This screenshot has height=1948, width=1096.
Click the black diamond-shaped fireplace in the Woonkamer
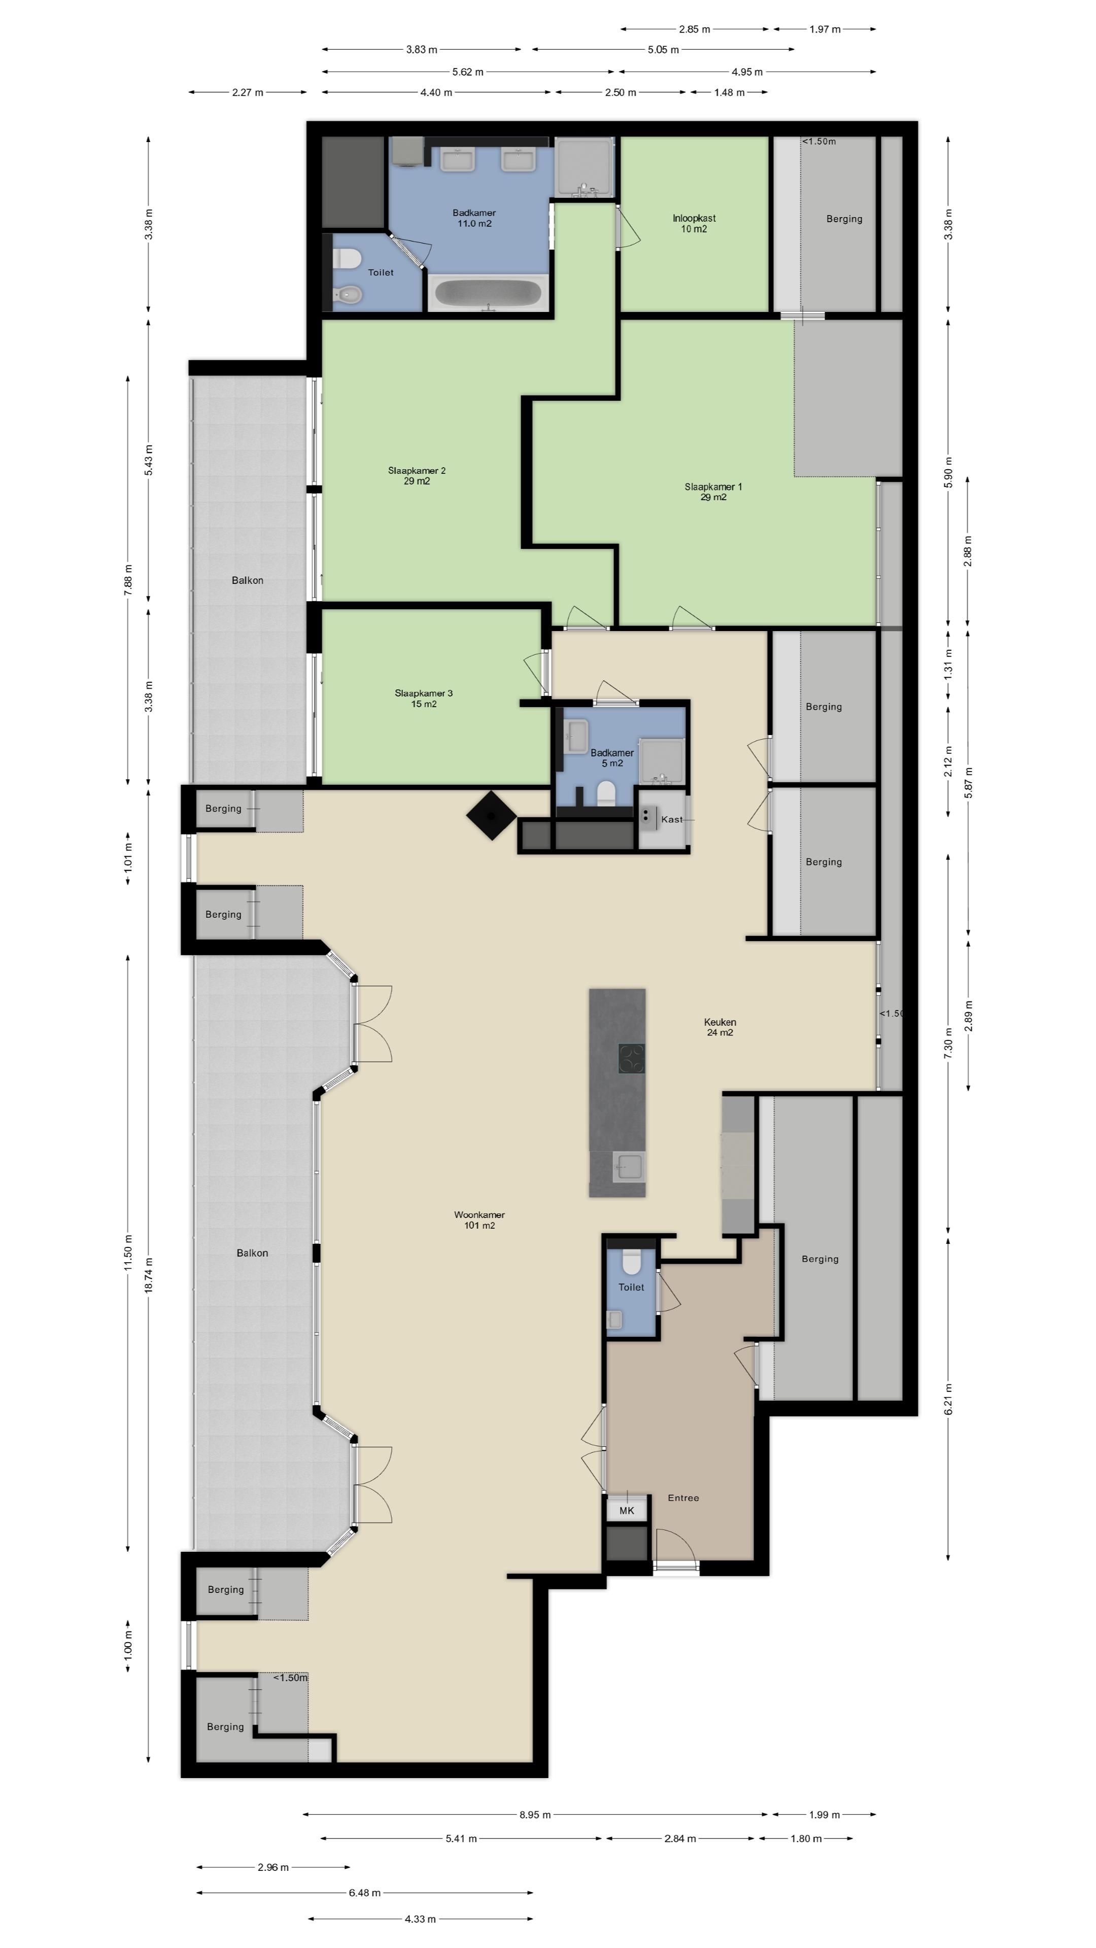click(492, 815)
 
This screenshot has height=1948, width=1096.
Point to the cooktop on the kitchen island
click(632, 1059)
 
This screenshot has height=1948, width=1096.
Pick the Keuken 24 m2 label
click(720, 1027)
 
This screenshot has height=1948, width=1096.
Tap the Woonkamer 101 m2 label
click(479, 1220)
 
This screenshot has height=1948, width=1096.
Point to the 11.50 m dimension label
click(128, 1253)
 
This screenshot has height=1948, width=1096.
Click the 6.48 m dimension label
click(365, 1893)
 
